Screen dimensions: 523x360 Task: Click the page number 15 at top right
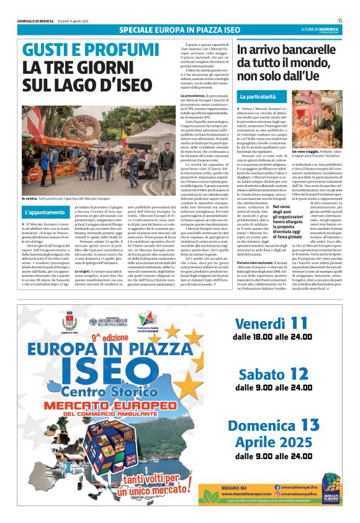point(340,20)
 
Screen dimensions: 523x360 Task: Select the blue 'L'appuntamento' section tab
point(46,212)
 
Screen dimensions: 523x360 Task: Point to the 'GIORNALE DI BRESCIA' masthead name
point(35,21)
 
